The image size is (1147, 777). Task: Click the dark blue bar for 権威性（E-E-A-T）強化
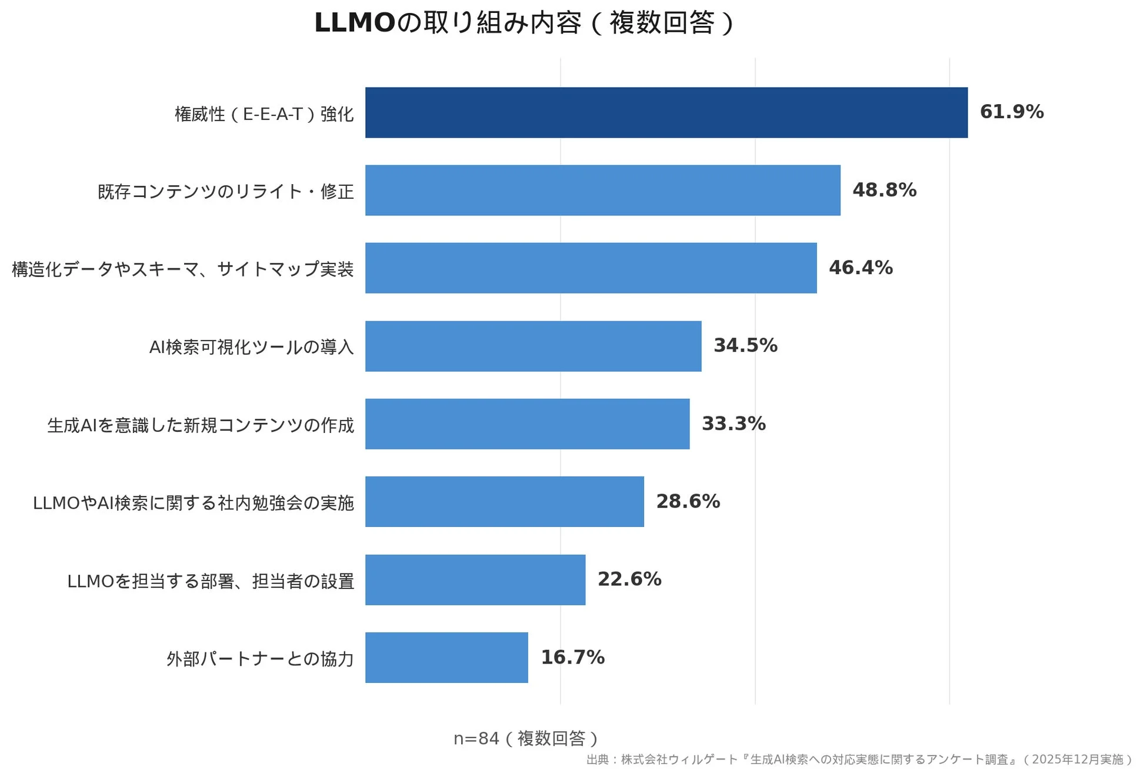(666, 112)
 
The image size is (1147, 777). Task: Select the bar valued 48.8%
(602, 190)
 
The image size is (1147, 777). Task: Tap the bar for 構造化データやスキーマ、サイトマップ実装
(591, 268)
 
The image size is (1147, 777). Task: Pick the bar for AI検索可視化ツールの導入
(533, 346)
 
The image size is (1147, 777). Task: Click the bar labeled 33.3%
(527, 423)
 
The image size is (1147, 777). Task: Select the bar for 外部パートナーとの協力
(446, 657)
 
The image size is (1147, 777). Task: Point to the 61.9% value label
(1011, 112)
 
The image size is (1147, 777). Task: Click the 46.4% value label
(861, 268)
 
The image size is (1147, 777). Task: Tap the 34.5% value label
(745, 345)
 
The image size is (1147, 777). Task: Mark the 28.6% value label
(688, 501)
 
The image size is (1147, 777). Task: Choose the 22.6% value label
(629, 579)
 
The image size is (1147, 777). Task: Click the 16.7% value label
(572, 657)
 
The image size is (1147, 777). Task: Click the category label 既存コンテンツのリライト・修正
(226, 191)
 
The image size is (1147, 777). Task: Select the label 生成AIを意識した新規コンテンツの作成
(201, 425)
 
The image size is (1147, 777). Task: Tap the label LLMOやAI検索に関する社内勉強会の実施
(194, 503)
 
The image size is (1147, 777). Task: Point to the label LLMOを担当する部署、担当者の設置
(211, 581)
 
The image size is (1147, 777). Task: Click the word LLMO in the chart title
(355, 23)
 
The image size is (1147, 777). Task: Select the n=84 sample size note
(526, 738)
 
